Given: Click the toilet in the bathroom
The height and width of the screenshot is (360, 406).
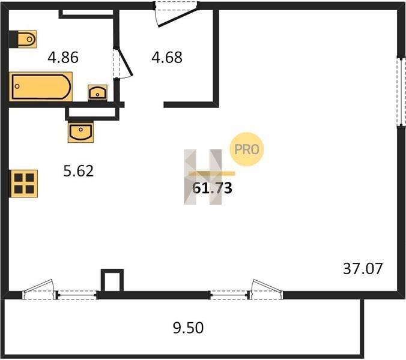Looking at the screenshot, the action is pos(27,40).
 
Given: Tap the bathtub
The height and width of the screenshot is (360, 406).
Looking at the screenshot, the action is pos(41,86).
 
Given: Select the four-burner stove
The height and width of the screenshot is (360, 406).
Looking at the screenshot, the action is pos(24,184).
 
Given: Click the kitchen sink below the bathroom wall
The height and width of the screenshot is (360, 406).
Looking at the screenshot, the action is pos(80,132).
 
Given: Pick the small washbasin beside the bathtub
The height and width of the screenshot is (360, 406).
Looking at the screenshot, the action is pos(97,92).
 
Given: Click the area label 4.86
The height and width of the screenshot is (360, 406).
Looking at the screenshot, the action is pos(63,58).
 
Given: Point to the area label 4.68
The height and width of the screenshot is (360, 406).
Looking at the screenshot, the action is pos(167,58).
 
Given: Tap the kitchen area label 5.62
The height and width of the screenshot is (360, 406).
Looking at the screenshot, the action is pos(79,171).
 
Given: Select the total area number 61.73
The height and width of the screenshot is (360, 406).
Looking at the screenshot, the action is pos(212,188).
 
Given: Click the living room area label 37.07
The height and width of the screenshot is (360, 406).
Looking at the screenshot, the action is pos(363,269).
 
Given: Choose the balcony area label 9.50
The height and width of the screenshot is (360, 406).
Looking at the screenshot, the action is pos(188,328).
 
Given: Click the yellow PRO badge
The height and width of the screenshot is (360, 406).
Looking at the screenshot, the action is pos(246,149).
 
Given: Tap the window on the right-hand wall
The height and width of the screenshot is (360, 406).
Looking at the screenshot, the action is pos(402,92).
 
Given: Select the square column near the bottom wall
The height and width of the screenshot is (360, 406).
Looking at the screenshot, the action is pos(112,280).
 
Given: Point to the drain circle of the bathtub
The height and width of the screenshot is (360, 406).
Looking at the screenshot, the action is pos(17,86).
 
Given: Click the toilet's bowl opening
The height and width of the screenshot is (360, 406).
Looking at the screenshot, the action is pos(29,40).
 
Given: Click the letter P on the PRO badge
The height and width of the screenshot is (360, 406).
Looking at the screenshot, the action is pos(237,149).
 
